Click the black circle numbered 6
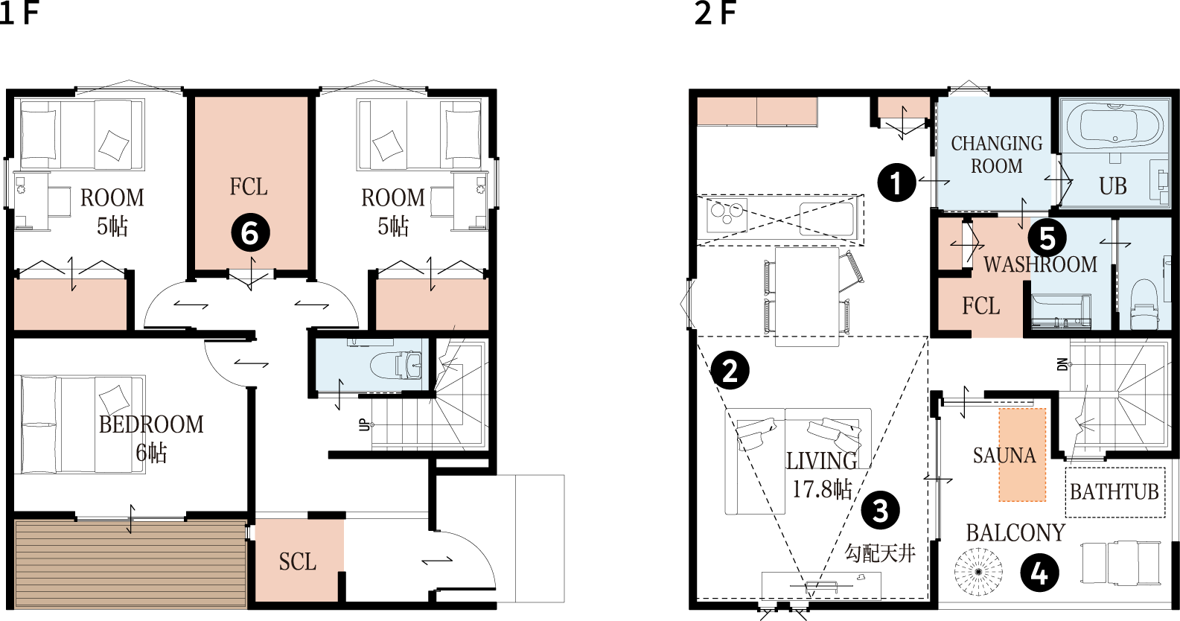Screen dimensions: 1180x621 (x=250, y=233)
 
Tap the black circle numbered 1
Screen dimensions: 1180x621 (x=896, y=182)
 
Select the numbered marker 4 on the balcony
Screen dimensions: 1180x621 (x=1039, y=573)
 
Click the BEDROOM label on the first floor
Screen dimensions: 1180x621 (x=151, y=424)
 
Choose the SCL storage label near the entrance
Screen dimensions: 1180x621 (x=298, y=561)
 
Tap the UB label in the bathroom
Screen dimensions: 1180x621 (x=1113, y=186)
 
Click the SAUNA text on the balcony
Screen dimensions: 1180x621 (x=1004, y=456)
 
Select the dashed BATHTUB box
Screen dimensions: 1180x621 (x=1114, y=492)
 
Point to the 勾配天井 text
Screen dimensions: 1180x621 (x=880, y=553)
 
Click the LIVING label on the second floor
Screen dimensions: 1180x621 (x=822, y=461)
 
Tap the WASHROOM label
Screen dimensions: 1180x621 (x=1040, y=264)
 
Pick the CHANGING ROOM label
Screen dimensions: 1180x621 (x=997, y=154)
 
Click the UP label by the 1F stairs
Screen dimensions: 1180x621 (x=364, y=424)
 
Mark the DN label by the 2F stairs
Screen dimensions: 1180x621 (x=1062, y=365)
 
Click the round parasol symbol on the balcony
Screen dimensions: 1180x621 (x=978, y=572)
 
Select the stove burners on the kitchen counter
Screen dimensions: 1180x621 (x=727, y=215)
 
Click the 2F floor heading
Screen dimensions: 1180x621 (x=715, y=13)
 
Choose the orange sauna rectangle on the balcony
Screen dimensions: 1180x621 (x=1022, y=454)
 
